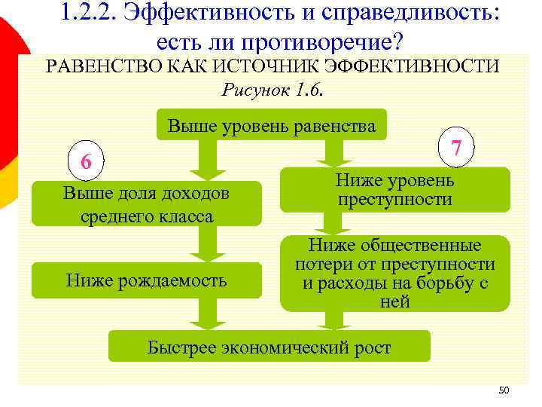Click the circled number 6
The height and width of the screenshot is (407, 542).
click(87, 161)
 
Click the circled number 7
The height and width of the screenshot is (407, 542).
click(455, 148)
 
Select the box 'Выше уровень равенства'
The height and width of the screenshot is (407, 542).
click(271, 126)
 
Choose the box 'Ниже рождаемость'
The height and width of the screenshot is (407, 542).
click(146, 281)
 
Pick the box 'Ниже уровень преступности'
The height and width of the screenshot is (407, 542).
click(394, 190)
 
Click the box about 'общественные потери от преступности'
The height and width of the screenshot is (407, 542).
click(394, 274)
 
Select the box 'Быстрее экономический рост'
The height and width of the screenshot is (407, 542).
click(269, 347)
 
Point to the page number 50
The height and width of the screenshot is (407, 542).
click(504, 390)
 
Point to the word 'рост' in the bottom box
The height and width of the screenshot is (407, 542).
click(373, 347)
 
